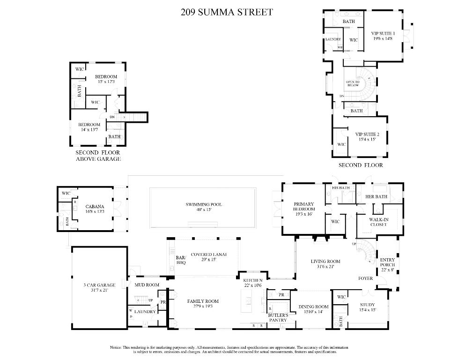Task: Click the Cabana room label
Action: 95,206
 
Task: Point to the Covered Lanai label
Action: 202,254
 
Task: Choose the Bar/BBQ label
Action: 181,260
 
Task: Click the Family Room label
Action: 203,301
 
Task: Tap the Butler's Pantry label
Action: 277,317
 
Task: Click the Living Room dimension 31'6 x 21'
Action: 325,267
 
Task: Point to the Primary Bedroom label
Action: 303,207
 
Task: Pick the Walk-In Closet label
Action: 378,222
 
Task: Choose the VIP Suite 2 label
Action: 367,134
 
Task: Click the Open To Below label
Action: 353,83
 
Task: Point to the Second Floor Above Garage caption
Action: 98,156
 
